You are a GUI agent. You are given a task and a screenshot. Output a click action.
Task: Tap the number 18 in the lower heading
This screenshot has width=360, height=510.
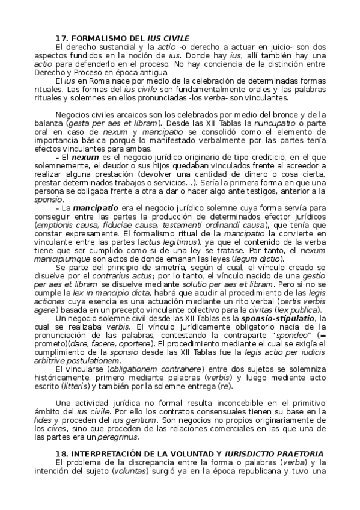click(59, 453)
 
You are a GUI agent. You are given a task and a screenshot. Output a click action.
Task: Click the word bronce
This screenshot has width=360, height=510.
click(289, 114)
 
